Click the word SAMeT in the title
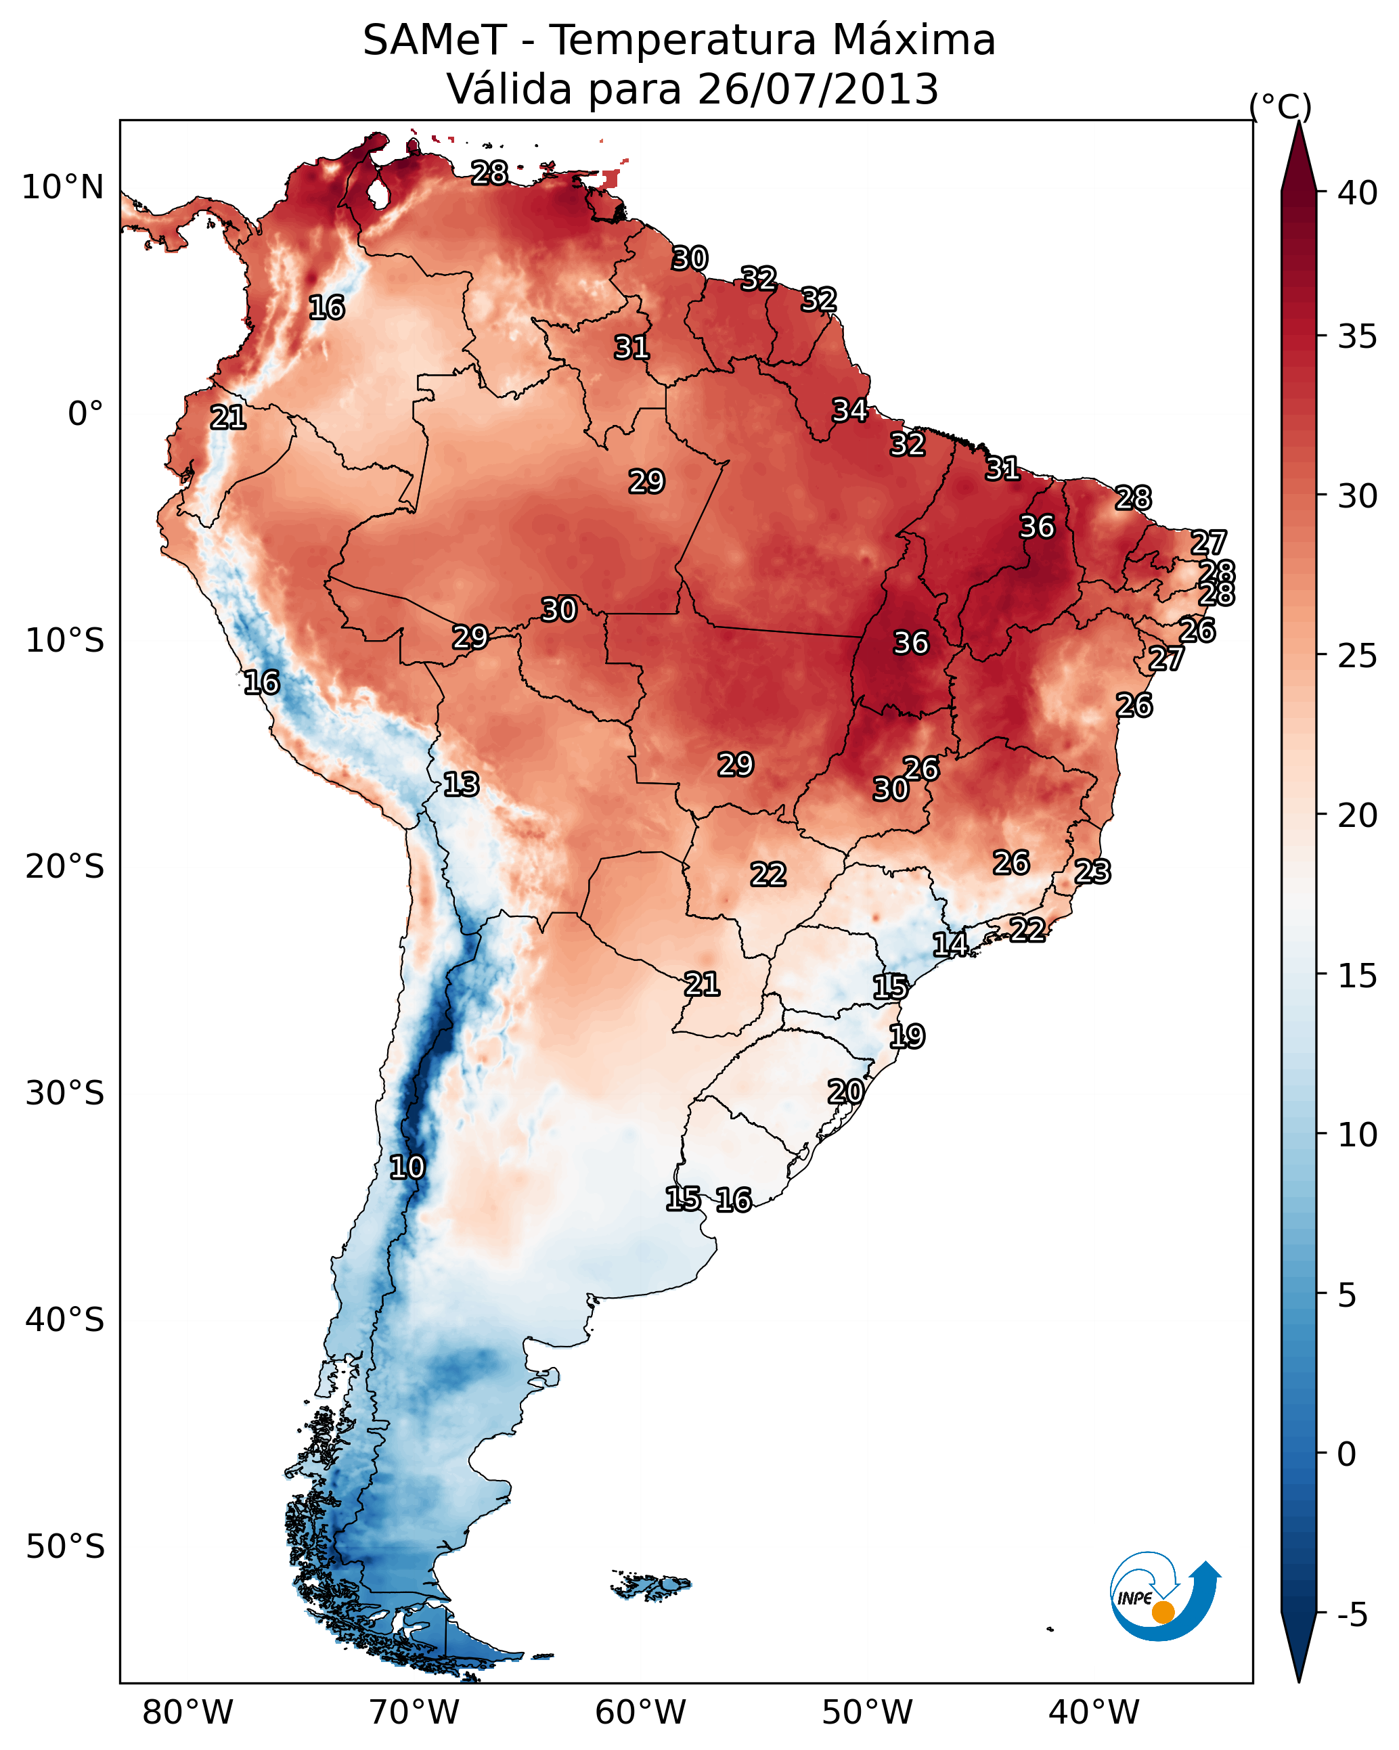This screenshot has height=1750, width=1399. (435, 41)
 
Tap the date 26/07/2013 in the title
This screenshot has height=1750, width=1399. (818, 89)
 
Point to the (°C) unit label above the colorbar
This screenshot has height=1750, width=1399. (1280, 106)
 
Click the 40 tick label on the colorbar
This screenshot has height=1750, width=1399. (1358, 193)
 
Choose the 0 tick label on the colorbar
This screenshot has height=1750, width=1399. (1346, 1454)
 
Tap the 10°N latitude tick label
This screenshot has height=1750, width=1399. (62, 187)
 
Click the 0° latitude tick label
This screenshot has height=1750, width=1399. (85, 414)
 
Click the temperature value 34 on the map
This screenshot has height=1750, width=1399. (850, 411)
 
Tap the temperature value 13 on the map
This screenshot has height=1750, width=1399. (461, 784)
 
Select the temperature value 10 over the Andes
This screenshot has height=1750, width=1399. (407, 1167)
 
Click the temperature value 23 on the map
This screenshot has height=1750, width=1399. (1092, 872)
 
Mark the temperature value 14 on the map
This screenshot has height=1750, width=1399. (950, 944)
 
